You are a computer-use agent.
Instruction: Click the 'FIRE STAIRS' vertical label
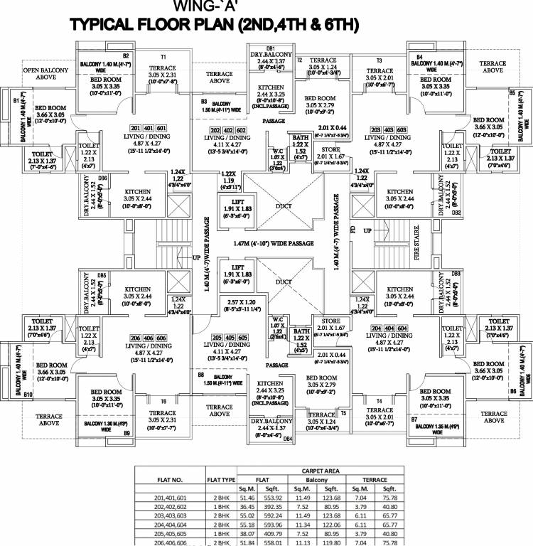click(x=417, y=246)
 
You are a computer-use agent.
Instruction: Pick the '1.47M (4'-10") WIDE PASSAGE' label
click(x=273, y=243)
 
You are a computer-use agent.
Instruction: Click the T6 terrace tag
click(x=163, y=402)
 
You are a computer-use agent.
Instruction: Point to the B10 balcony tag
click(x=28, y=394)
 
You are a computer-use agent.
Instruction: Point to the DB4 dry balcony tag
click(x=288, y=439)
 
